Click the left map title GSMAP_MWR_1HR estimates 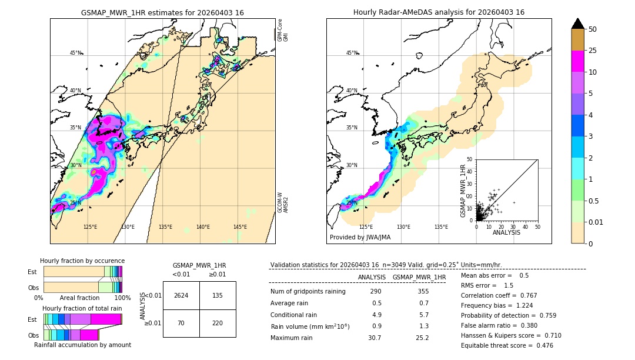point(162,12)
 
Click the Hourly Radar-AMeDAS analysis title point(439,12)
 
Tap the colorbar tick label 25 point(593,51)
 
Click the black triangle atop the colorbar point(578,24)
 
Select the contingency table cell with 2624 point(181,295)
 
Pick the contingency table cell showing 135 point(218,295)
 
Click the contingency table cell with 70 point(181,323)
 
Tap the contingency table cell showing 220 point(218,323)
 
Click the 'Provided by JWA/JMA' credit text point(360,237)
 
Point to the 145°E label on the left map point(240,227)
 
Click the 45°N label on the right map point(352,53)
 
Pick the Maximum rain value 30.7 point(375,338)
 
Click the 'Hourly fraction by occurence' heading point(82,261)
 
